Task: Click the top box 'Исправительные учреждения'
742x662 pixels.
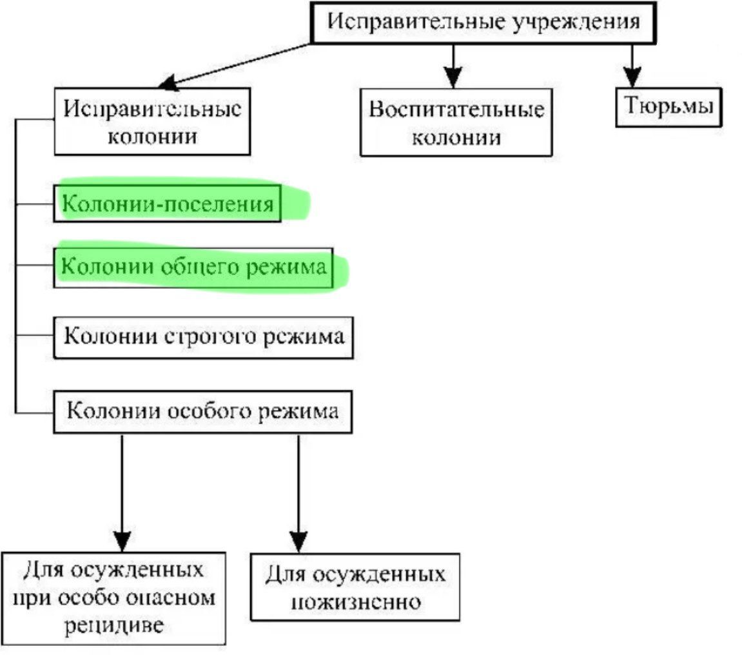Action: [x=483, y=23]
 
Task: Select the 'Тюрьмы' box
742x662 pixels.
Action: [x=668, y=106]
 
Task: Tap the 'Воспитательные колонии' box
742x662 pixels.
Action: [x=456, y=122]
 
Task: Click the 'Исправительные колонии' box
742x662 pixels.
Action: [x=152, y=122]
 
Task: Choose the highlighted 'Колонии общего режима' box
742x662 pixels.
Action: [x=193, y=266]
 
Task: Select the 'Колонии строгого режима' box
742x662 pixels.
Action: [x=204, y=337]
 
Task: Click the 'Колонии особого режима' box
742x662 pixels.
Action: [x=202, y=411]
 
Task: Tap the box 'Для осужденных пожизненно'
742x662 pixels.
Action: [x=355, y=587]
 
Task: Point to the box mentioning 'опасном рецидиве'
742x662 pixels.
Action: [x=113, y=598]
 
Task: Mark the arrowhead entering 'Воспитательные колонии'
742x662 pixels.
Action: [x=454, y=78]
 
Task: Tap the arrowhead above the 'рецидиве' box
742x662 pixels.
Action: [x=122, y=540]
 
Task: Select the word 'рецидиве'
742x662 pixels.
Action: [x=113, y=625]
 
